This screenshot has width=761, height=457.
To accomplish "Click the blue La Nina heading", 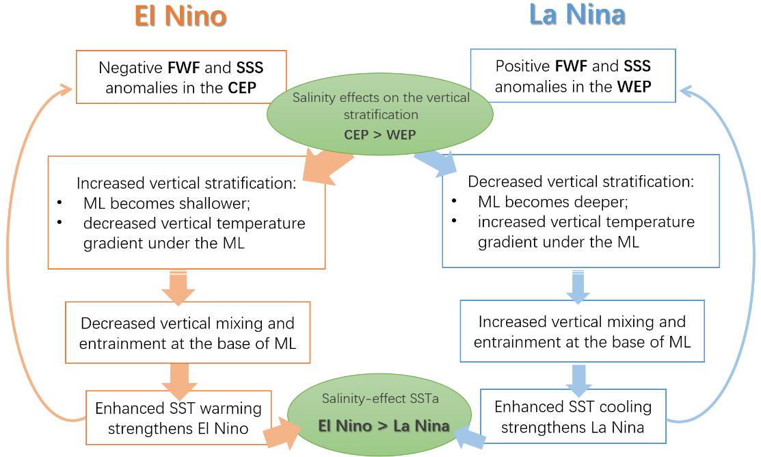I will (577, 15).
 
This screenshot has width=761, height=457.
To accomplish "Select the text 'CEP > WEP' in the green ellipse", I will (380, 135).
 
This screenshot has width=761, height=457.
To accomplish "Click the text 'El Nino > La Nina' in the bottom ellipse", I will (384, 426).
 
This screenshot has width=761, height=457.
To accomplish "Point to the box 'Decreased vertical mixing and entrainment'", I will (187, 332).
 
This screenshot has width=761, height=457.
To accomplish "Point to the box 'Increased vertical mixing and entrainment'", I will (582, 331).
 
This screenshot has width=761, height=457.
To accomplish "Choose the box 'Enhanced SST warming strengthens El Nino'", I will (178, 417).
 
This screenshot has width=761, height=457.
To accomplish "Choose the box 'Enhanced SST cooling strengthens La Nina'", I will (572, 416).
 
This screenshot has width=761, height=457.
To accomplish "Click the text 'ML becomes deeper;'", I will (552, 203).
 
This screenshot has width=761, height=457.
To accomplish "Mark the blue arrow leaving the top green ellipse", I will (436, 165).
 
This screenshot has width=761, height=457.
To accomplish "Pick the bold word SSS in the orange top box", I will (250, 68).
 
